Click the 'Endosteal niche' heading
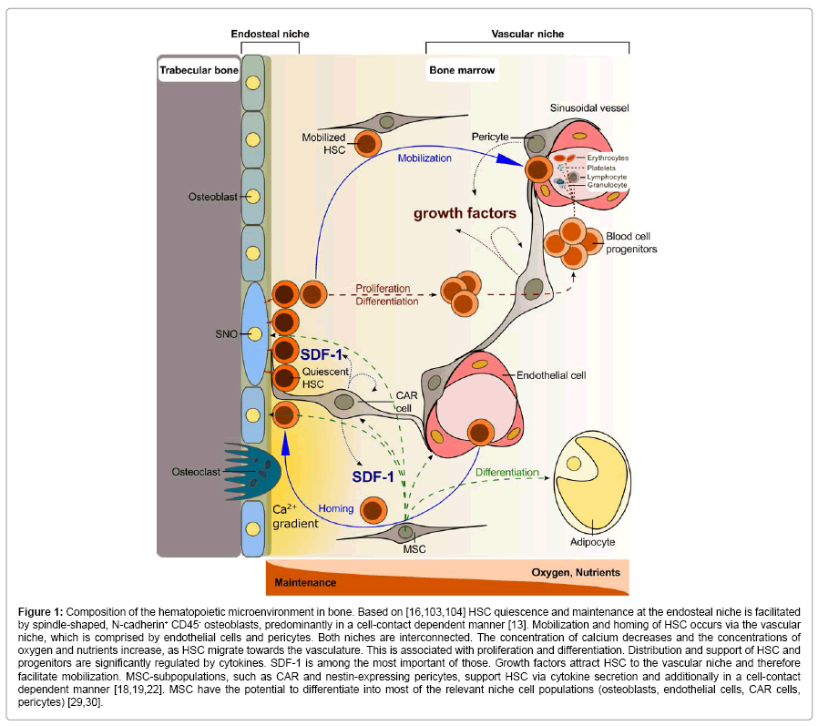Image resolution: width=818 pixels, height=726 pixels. [x=270, y=34]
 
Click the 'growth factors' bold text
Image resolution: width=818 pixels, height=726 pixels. [x=465, y=214]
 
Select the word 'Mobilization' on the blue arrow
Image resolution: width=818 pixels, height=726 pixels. [x=424, y=157]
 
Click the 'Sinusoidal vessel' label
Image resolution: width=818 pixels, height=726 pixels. [x=588, y=107]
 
